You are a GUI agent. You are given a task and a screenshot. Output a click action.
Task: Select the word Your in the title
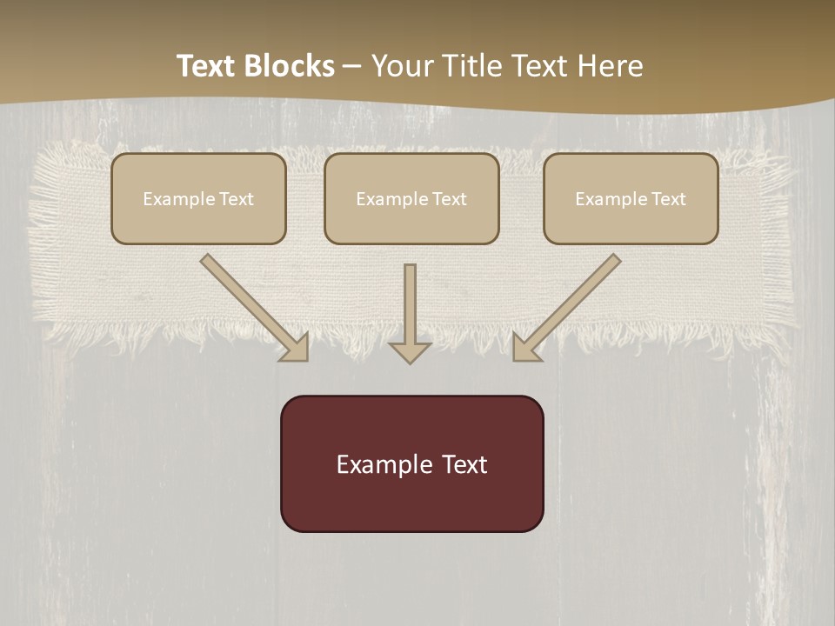(400, 66)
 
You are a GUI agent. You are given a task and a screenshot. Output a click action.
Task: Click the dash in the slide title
(352, 66)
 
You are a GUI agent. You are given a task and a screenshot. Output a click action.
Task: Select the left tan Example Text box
(198, 198)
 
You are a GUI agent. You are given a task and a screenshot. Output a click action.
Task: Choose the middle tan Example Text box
(411, 198)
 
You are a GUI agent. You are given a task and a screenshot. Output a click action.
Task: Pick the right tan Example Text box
(631, 198)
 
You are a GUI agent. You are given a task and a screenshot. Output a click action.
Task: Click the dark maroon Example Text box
(411, 463)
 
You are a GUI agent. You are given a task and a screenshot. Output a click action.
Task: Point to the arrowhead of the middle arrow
(410, 351)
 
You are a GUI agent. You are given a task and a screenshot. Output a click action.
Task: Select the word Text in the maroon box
(464, 464)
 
